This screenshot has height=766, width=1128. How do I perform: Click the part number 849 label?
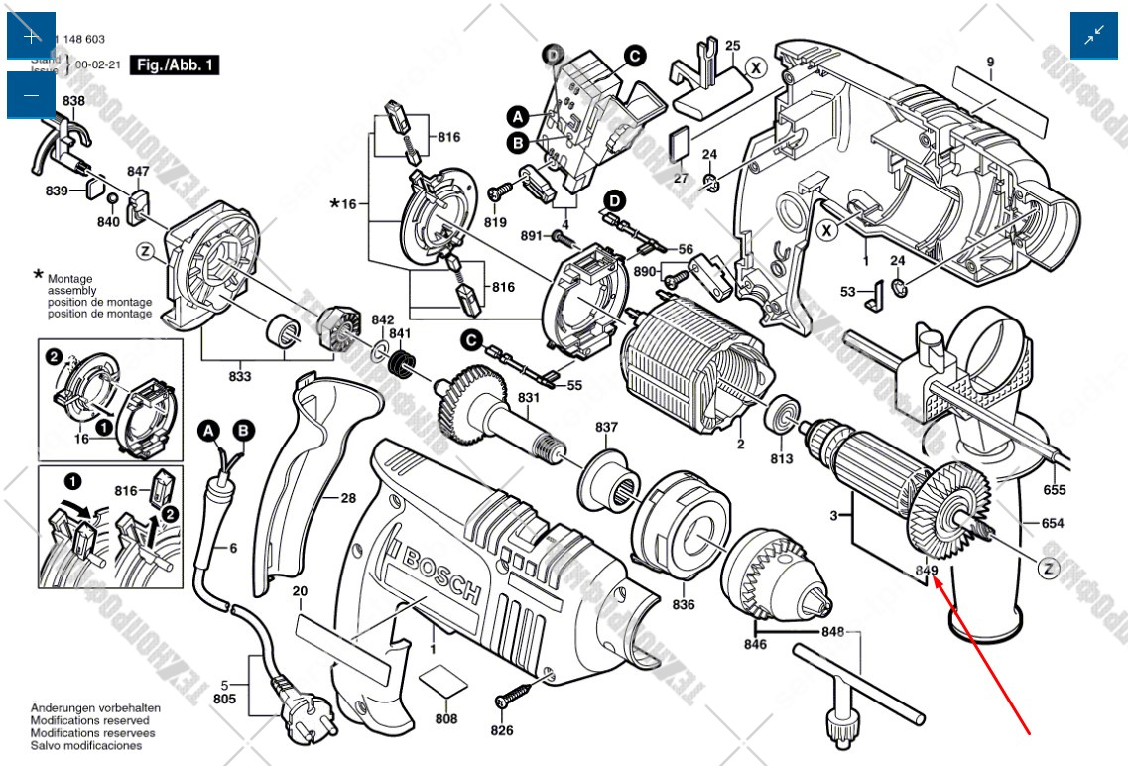point(926,571)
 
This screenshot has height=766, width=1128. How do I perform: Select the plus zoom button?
point(32,36)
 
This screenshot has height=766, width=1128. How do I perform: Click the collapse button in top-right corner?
point(1094,36)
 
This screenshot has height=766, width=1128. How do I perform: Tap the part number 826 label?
point(502,731)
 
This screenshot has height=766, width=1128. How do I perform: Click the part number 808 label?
point(446,719)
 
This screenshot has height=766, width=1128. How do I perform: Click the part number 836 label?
point(684,604)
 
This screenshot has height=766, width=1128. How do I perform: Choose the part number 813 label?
point(782,458)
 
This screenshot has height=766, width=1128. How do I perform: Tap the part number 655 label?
point(1055,490)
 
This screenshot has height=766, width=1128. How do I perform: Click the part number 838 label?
point(73,102)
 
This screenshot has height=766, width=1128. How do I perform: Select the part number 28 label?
point(347,498)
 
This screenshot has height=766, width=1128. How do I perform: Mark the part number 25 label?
point(732,46)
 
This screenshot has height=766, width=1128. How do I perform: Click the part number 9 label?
point(989,63)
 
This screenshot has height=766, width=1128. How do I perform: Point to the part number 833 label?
point(239,376)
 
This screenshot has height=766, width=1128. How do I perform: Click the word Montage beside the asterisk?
point(69,279)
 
